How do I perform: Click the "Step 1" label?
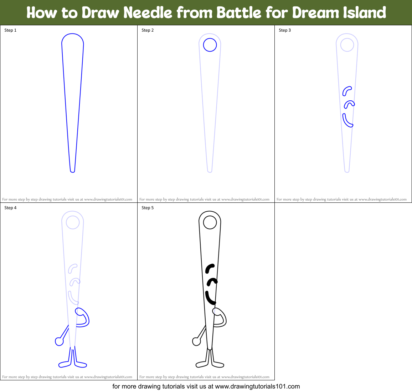pyautogui.click(x=10, y=30)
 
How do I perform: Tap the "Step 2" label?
pyautogui.click(x=148, y=30)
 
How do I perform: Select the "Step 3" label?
pyautogui.click(x=285, y=30)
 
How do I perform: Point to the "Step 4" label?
pyautogui.click(x=10, y=208)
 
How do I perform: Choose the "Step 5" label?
pyautogui.click(x=148, y=208)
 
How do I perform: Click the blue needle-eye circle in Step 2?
pyautogui.click(x=210, y=45)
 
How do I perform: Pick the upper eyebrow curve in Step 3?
pyautogui.click(x=346, y=91)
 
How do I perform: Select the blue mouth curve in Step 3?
pyautogui.click(x=347, y=121)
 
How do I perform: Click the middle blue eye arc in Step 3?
pyautogui.click(x=349, y=104)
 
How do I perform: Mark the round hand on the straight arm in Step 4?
pyautogui.click(x=59, y=342)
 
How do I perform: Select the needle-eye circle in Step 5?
pyautogui.click(x=210, y=223)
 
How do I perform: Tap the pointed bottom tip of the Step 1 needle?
pyautogui.click(x=72, y=171)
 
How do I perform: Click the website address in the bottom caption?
pyautogui.click(x=257, y=386)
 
